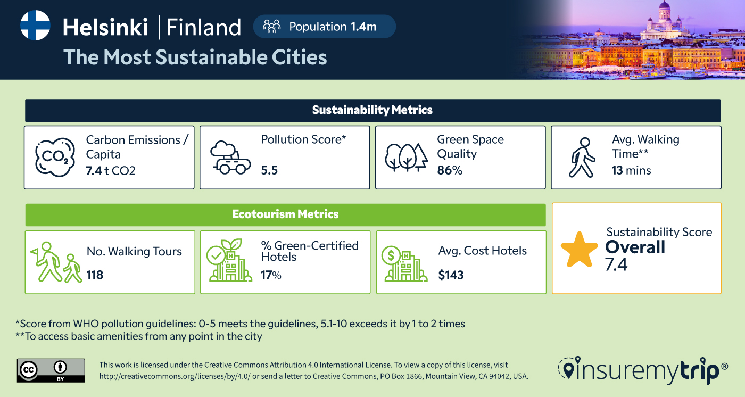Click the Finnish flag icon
pyautogui.click(x=35, y=26)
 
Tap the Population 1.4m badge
pyautogui.click(x=324, y=27)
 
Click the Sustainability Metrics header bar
pyautogui.click(x=372, y=110)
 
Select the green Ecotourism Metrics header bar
pyautogui.click(x=285, y=214)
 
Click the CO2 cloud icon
pyautogui.click(x=54, y=158)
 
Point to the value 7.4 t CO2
pyautogui.click(x=111, y=171)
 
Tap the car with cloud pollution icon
pyautogui.click(x=230, y=158)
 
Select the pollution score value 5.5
pyautogui.click(x=269, y=171)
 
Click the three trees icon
pyautogui.click(x=406, y=158)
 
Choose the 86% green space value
pyautogui.click(x=450, y=171)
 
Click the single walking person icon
pyautogui.click(x=582, y=158)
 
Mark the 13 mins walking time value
pyautogui.click(x=631, y=171)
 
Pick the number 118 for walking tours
pyautogui.click(x=95, y=275)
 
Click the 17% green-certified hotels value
pyautogui.click(x=271, y=275)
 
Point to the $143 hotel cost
pyautogui.click(x=451, y=275)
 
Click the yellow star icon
pyautogui.click(x=580, y=250)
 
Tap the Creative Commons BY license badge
pyautogui.click(x=51, y=370)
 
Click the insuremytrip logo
pyautogui.click(x=643, y=369)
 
